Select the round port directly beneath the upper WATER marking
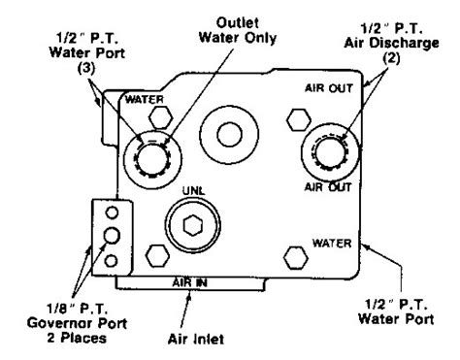tap(151, 153)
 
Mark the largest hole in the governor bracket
tap(112, 235)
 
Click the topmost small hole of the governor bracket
tap(112, 211)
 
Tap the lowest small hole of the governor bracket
tap(112, 259)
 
